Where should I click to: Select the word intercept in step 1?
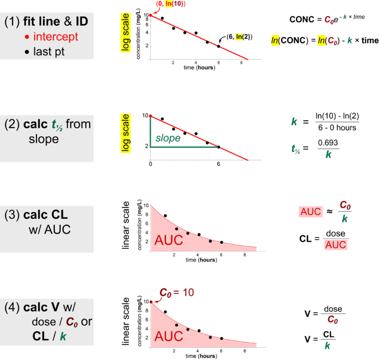pos(56,36)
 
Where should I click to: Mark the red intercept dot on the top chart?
pos(150,15)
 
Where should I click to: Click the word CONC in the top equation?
pos(302,19)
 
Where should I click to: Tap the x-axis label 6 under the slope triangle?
pos(219,163)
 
